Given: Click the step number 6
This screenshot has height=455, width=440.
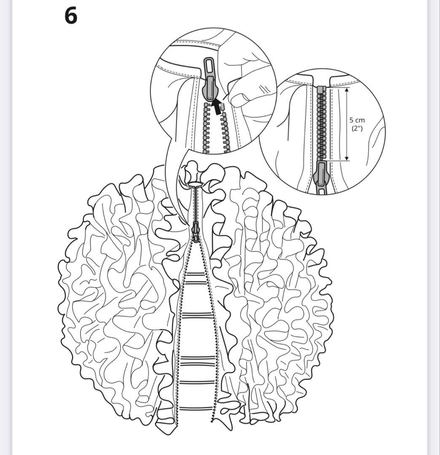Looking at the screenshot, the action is (71, 16).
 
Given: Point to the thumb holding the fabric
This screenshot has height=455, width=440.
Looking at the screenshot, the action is (239, 98).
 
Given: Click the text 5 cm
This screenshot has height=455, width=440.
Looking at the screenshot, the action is (357, 120).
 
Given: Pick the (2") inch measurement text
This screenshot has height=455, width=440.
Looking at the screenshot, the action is (357, 128).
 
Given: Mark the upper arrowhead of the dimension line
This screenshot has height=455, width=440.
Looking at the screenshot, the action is (346, 90).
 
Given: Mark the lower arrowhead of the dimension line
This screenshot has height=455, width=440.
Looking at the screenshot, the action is (346, 158).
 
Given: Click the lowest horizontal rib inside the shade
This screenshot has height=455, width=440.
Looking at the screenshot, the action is (194, 409).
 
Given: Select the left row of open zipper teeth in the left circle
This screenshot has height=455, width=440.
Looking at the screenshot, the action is (207, 127).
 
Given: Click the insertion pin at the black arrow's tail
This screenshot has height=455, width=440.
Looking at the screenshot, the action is (223, 106).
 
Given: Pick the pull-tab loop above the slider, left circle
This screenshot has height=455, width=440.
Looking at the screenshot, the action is (209, 66).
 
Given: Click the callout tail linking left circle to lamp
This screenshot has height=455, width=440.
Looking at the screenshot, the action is (174, 180).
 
